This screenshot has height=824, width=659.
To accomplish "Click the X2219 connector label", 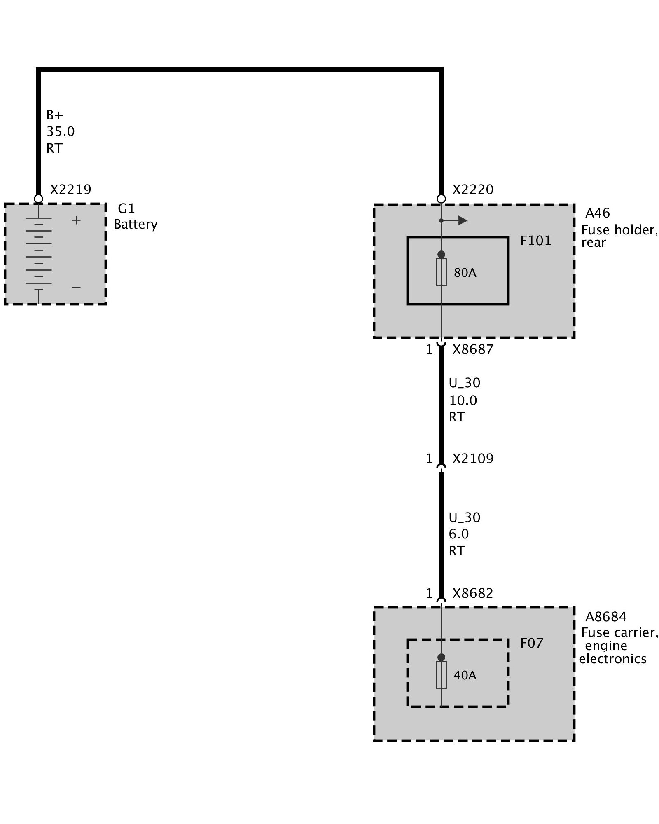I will (x=70, y=190).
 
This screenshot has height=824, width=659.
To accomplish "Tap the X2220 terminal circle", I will (x=441, y=199).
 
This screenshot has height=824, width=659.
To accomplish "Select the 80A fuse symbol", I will (x=441, y=272).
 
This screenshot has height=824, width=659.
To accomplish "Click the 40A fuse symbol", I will (x=441, y=675).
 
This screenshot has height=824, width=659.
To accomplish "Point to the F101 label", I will (x=535, y=241).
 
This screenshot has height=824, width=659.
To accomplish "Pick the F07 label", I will (x=531, y=643).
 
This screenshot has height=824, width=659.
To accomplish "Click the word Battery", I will (x=136, y=225).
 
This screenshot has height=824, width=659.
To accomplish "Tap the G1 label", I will (x=126, y=209).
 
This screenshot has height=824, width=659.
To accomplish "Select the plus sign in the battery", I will (x=76, y=220).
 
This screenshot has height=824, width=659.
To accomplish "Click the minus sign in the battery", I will (x=76, y=287).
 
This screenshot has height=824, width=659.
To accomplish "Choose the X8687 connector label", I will (x=473, y=349).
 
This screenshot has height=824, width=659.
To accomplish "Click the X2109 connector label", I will (x=473, y=459).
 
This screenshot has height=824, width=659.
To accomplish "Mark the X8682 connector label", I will (x=473, y=593).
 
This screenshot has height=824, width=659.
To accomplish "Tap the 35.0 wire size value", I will (x=61, y=131).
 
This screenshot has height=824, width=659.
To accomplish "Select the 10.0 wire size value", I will (x=463, y=400).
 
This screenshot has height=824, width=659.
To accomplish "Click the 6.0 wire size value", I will (x=459, y=534).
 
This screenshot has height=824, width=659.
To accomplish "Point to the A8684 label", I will (x=605, y=617).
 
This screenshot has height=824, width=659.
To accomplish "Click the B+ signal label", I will (x=54, y=115).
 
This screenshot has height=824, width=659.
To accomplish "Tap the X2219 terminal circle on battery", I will (x=38, y=199).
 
